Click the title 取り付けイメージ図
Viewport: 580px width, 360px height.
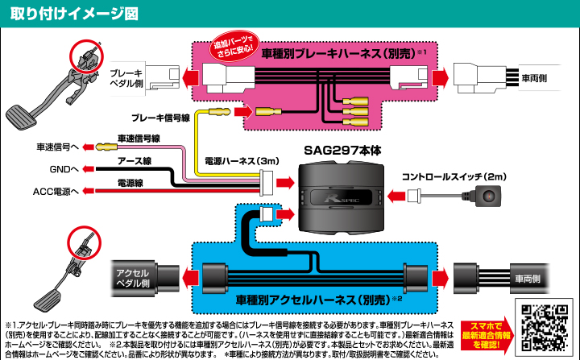70,13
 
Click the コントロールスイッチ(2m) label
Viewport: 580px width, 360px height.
454,176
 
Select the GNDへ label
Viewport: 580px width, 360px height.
63,170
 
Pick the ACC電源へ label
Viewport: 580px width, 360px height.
56,192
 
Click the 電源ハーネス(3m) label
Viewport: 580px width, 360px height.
241,161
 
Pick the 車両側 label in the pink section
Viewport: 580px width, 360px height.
535,78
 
